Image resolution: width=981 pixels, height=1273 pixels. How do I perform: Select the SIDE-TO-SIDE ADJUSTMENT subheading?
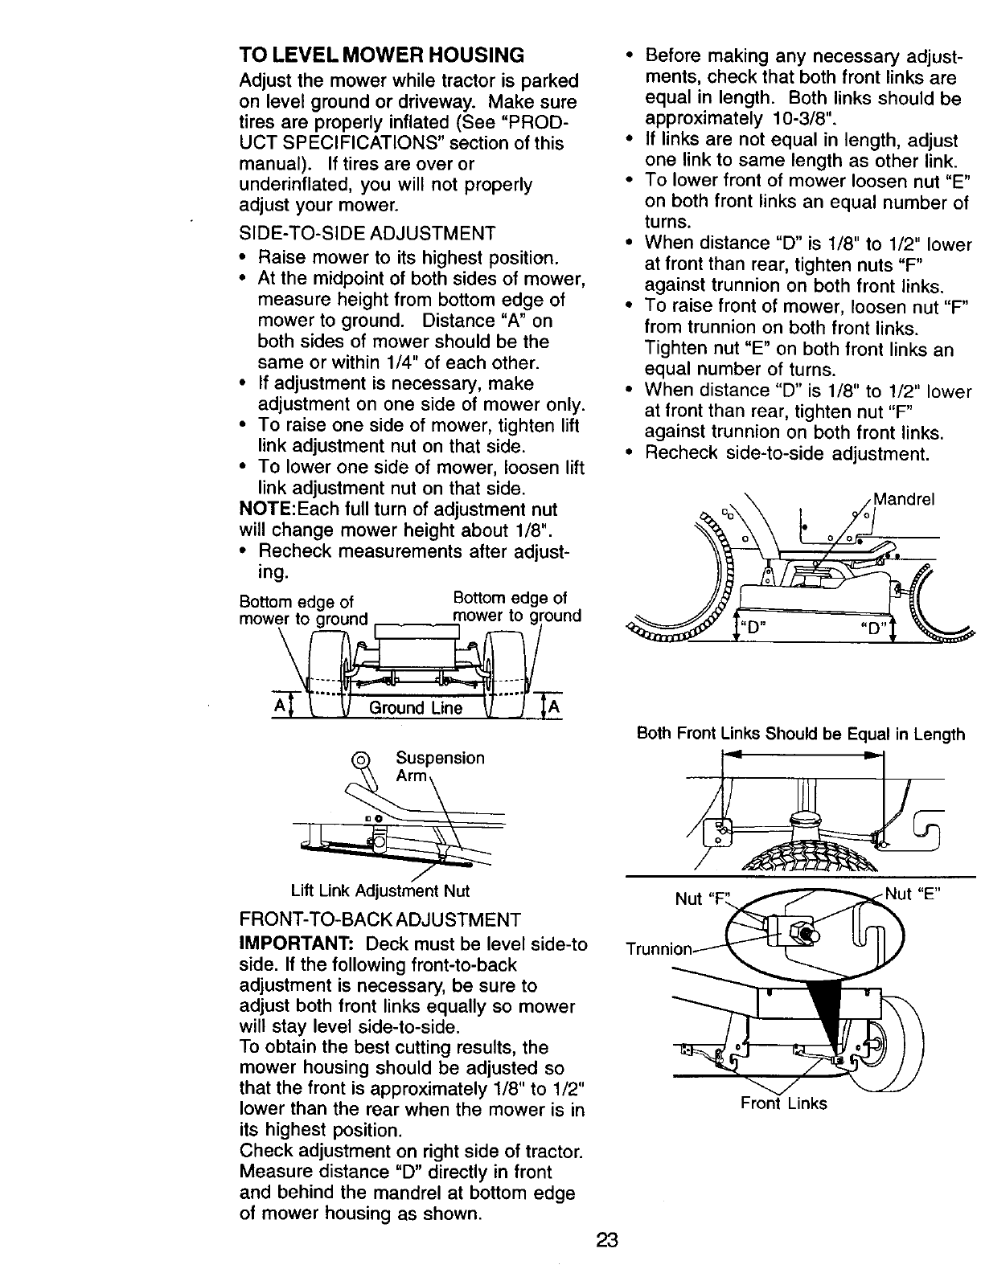coord(367,234)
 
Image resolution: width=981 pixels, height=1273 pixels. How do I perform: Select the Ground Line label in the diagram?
coord(415,707)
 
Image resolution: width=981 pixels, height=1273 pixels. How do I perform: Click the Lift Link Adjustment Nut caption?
coord(380,890)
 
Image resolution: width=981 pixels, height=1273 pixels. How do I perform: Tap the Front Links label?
coord(783,1103)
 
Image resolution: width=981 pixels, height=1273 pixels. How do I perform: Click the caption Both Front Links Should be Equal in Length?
coord(800,734)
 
